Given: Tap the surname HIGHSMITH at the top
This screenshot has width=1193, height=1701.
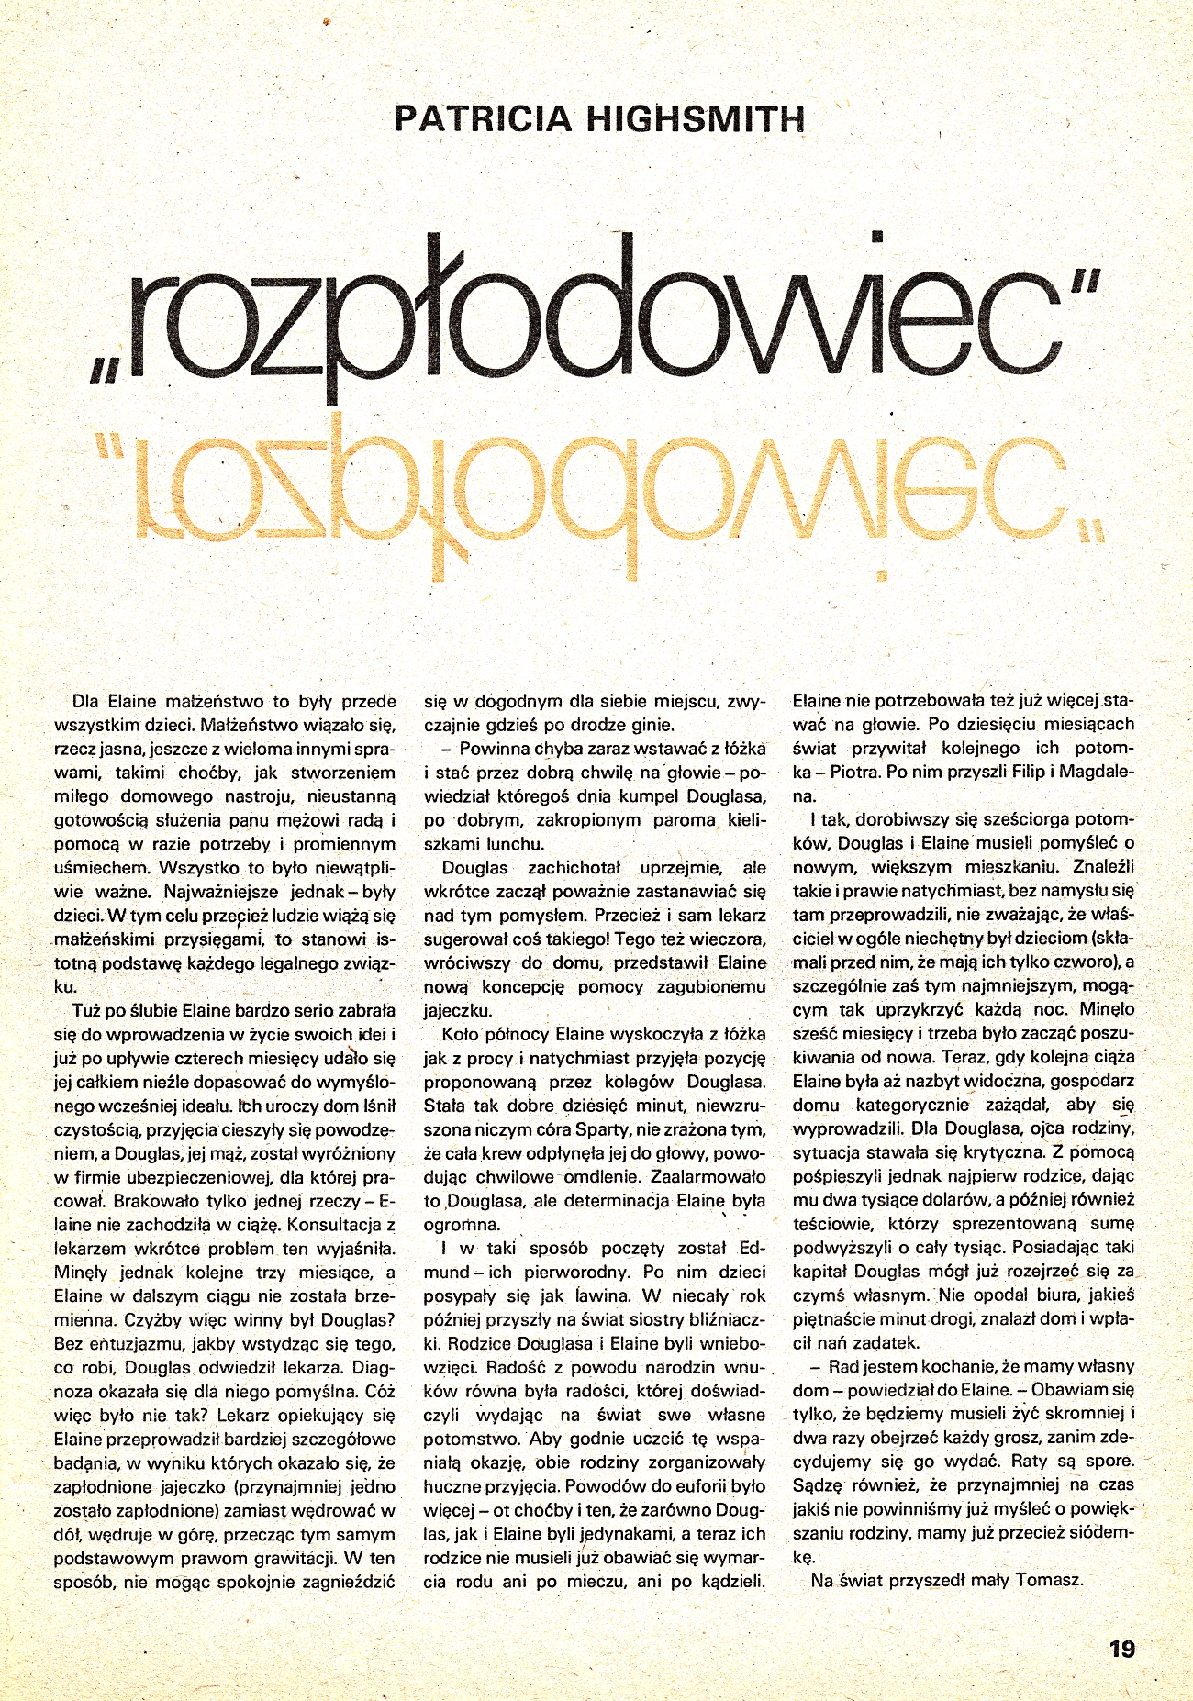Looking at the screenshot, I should coord(694,119).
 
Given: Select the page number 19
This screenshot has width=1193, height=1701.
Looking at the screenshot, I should coord(1121,1649).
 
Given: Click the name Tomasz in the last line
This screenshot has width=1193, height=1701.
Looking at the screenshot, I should coord(1050,1580).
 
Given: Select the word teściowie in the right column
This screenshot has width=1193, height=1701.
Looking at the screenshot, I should coord(832,1223).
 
